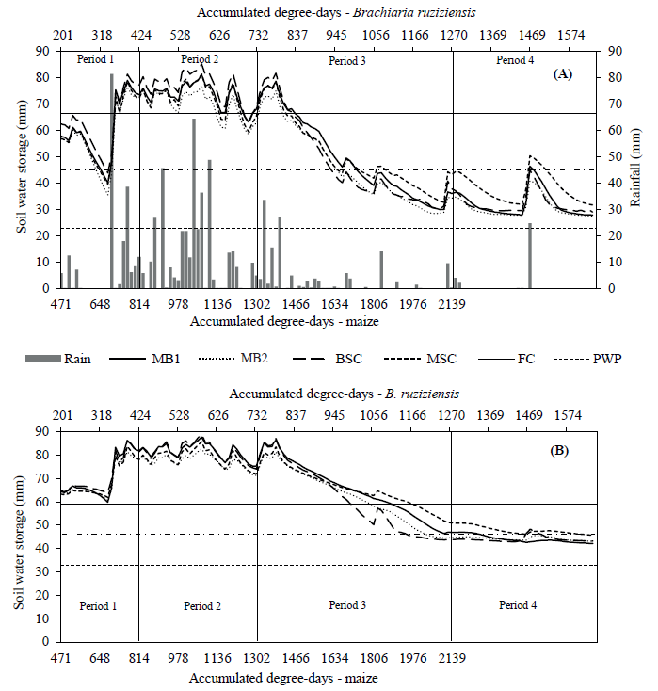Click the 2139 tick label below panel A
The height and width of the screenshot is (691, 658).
(453, 304)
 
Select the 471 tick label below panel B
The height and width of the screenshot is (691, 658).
(61, 659)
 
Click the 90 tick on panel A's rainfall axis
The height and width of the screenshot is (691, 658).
(615, 51)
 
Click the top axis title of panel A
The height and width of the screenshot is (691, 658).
(329, 13)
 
